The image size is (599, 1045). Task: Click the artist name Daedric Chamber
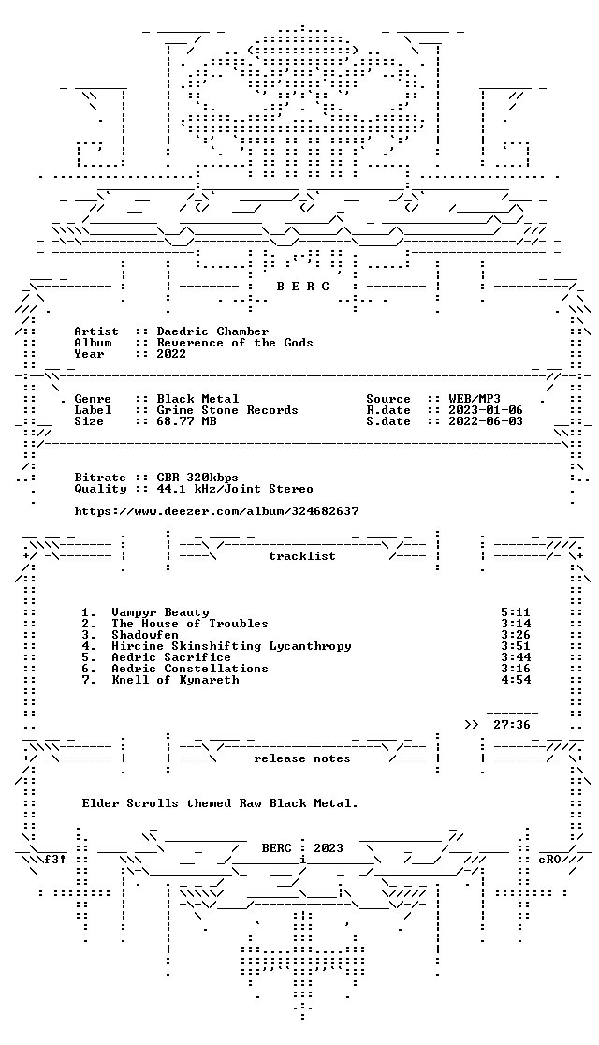tap(212, 331)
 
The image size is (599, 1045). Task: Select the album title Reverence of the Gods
tap(235, 343)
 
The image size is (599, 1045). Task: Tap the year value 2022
tap(171, 354)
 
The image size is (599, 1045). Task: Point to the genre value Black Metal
tap(197, 399)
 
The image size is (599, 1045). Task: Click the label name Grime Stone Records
tap(227, 410)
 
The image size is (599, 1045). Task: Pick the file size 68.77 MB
tap(186, 421)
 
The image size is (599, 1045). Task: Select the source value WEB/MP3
tap(475, 399)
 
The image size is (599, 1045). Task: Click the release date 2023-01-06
tap(486, 410)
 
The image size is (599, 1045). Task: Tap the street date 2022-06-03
tap(486, 421)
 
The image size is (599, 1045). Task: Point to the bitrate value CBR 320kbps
tap(197, 478)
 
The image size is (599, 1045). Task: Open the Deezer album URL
tap(216, 511)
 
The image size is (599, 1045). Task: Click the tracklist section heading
tap(301, 556)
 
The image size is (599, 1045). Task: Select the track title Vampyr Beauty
tap(160, 611)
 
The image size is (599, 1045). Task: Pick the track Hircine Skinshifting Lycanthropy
tap(231, 646)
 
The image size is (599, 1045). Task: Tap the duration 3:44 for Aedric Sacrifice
tap(515, 657)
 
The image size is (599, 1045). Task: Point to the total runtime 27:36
tap(512, 725)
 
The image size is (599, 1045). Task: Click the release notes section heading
tap(301, 758)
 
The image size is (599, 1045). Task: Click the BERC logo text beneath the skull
tap(302, 287)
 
